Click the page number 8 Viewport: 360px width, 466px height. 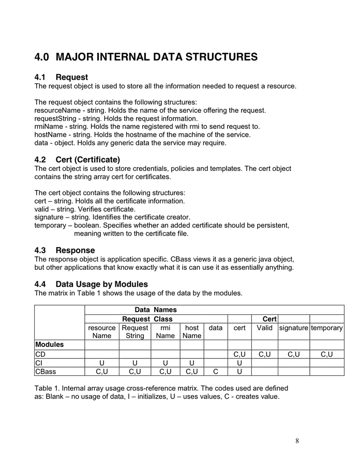point(297,441)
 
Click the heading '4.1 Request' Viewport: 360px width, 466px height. point(61,77)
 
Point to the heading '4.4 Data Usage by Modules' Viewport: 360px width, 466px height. point(91,284)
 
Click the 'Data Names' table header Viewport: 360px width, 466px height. point(156,310)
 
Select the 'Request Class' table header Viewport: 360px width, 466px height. point(147,319)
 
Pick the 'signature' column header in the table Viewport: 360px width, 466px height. point(293,328)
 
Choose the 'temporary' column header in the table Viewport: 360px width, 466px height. point(327,328)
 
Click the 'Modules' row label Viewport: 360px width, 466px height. point(49,344)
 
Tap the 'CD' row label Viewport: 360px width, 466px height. point(41,354)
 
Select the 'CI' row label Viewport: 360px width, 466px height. point(39,362)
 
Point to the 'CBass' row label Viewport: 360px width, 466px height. point(46,371)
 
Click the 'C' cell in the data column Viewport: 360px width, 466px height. point(216,371)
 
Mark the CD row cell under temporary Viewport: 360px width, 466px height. point(327,354)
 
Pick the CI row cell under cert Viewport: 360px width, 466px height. point(239,362)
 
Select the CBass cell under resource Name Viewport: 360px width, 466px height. point(102,371)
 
